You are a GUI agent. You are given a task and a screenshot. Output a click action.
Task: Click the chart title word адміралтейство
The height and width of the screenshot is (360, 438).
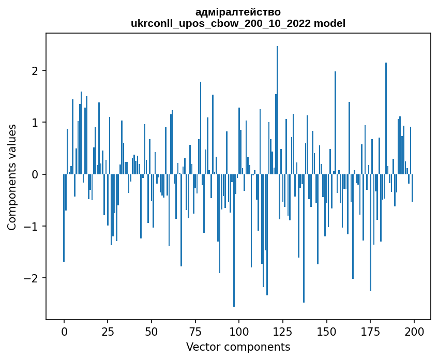[238, 12]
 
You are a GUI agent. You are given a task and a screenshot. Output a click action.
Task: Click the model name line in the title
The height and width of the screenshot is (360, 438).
[238, 23]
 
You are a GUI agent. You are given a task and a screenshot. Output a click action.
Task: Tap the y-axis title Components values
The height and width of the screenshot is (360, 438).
[12, 177]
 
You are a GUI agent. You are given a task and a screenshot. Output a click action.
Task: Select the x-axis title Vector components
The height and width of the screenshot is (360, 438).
[238, 347]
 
